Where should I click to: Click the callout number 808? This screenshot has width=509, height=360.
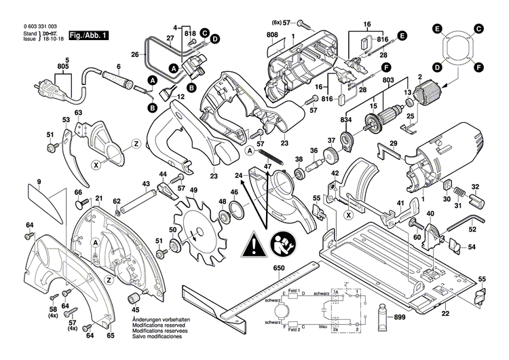point(271,34)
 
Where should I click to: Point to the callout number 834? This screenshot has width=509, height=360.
point(346,121)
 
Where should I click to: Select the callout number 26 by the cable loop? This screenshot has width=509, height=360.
point(134,54)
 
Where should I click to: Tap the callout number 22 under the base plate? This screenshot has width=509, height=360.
point(445,314)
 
